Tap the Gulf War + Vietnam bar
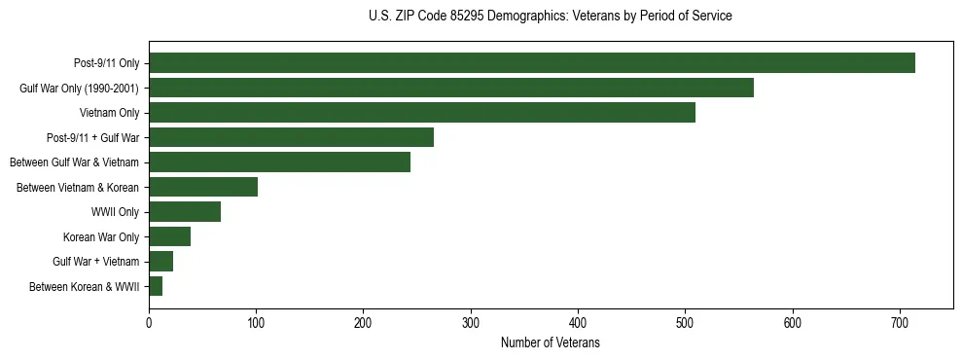[x=160, y=262]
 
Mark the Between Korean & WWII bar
[x=156, y=286]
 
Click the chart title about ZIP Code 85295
[x=551, y=17]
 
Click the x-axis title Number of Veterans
[x=550, y=343]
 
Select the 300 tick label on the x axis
[x=471, y=323]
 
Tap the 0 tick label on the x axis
[x=149, y=323]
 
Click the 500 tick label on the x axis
[x=685, y=323]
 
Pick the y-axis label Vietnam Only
[x=109, y=113]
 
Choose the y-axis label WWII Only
[x=115, y=212]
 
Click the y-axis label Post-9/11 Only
[x=106, y=63]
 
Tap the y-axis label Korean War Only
[x=101, y=236]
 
